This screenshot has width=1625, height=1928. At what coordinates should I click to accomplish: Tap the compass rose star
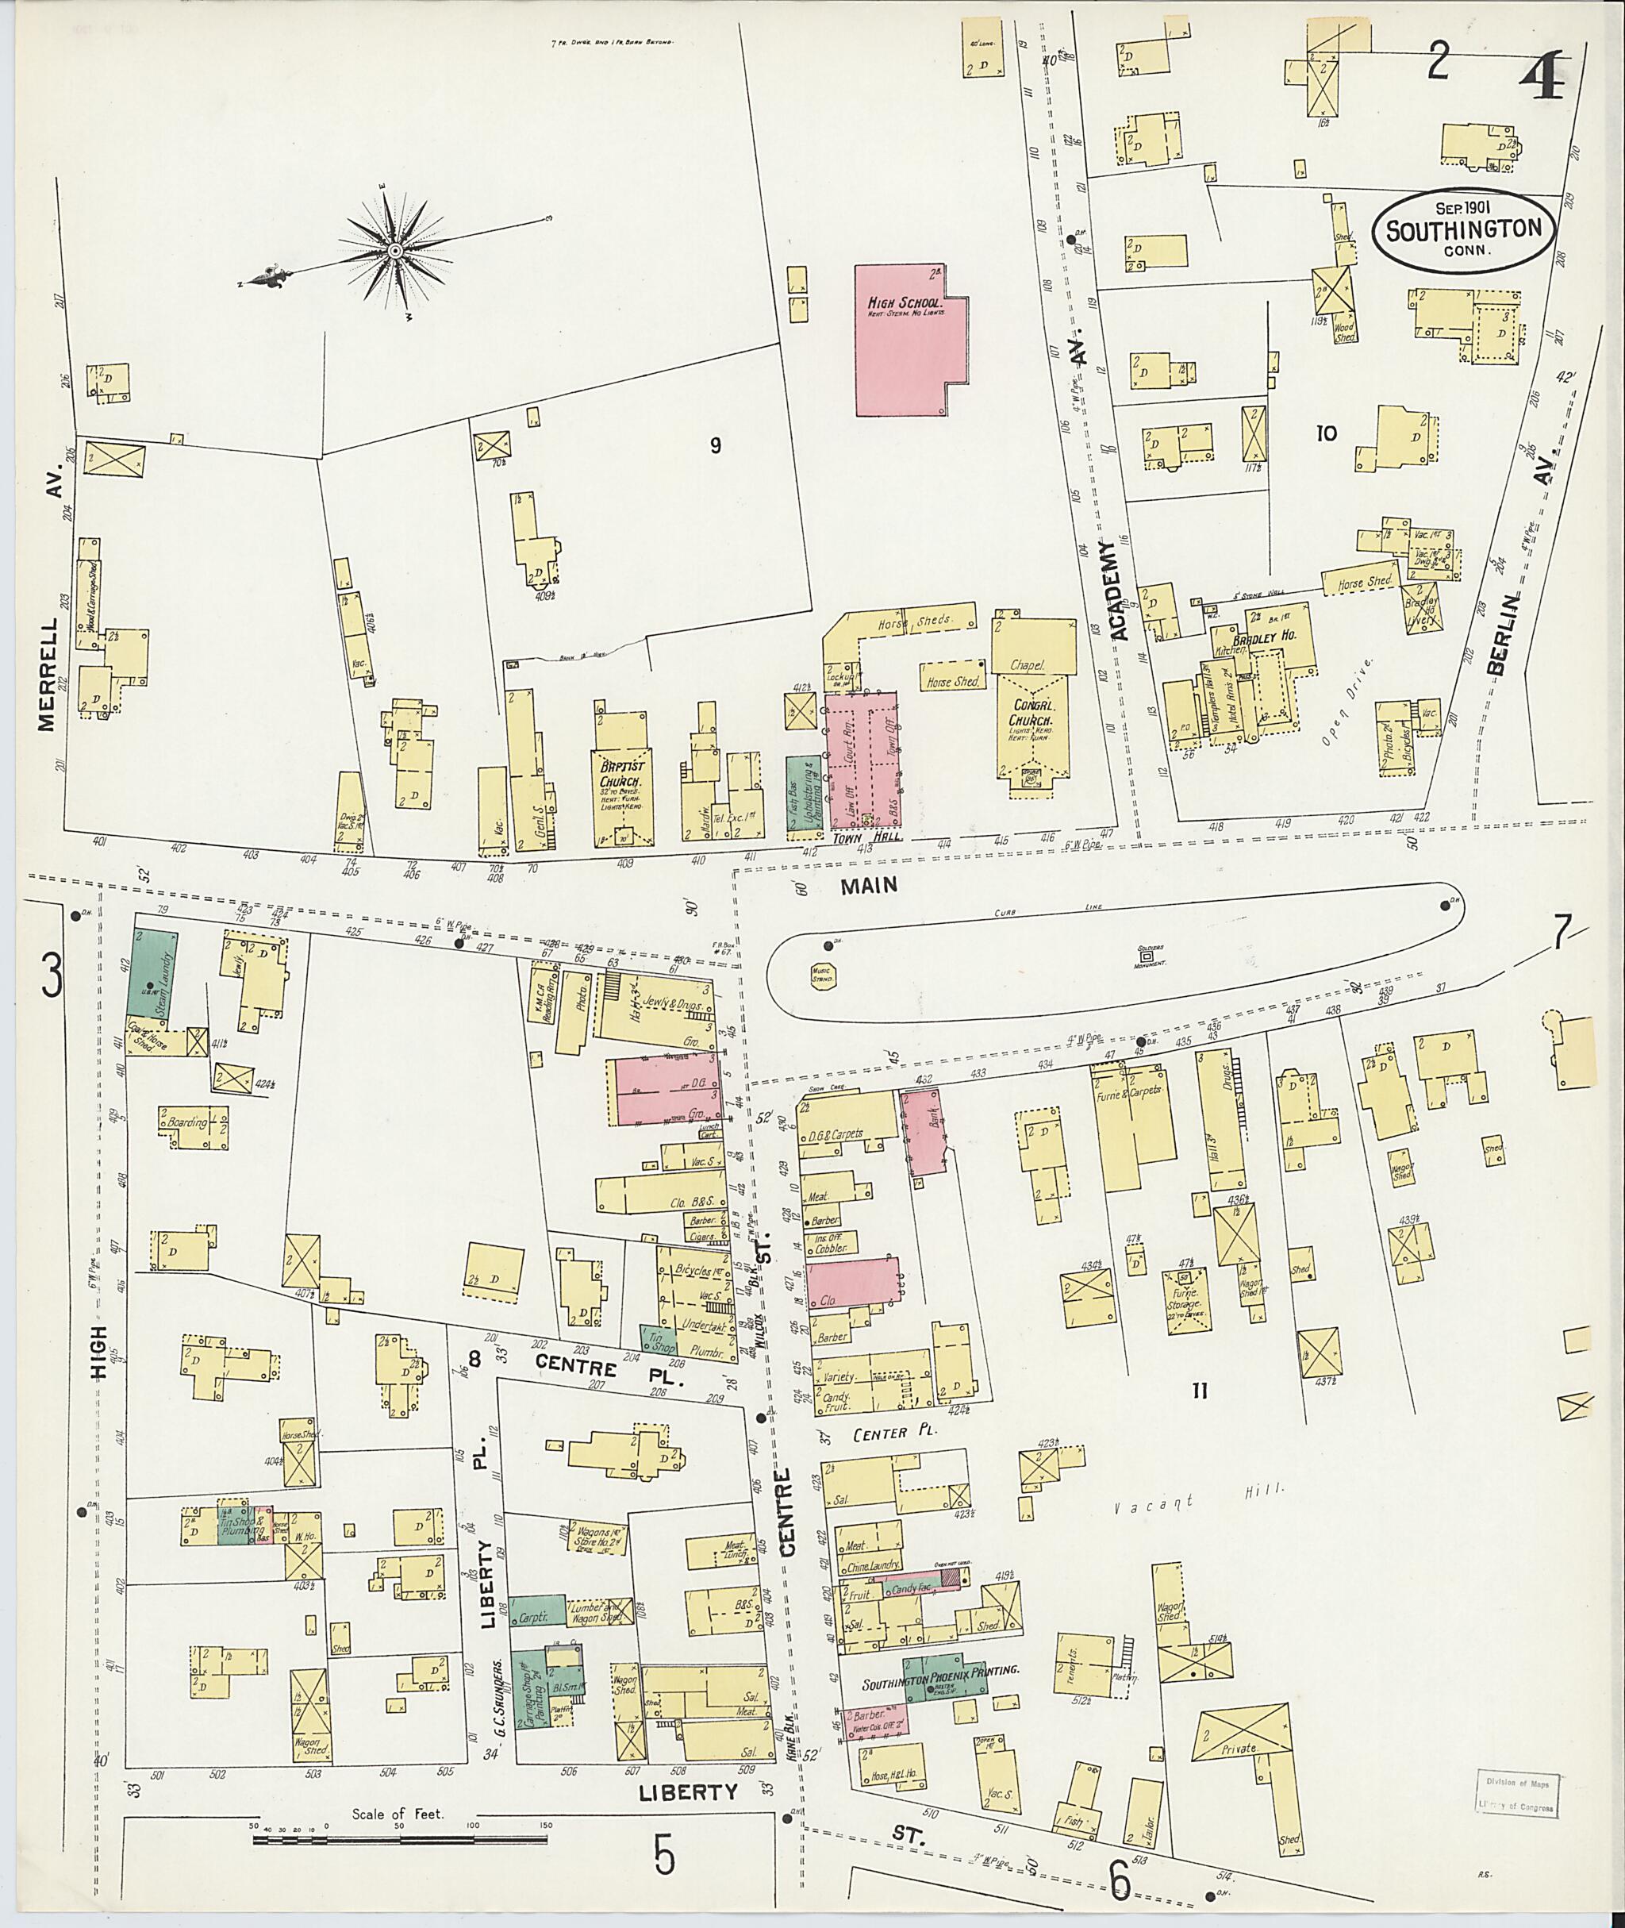tap(395, 251)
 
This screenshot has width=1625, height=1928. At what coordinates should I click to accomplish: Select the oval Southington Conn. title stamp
tap(1464, 230)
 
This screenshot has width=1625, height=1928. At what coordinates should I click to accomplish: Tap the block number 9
tap(715, 447)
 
